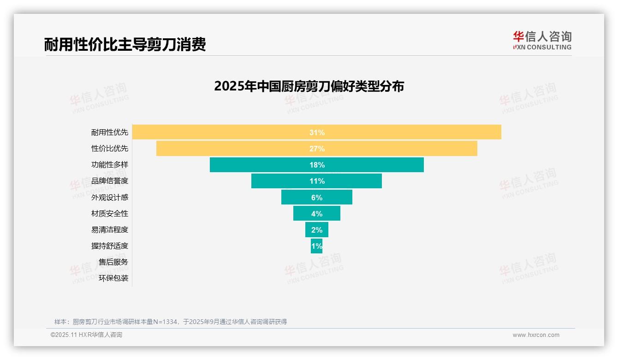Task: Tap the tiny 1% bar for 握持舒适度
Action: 316,246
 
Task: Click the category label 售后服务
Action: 113,262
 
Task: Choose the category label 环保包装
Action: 113,278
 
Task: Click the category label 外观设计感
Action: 110,198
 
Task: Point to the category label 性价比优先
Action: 110,149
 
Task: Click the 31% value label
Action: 317,132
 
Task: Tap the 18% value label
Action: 317,165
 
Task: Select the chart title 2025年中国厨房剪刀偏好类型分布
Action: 309,86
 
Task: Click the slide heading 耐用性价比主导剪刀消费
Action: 125,44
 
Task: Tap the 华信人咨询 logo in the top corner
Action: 542,40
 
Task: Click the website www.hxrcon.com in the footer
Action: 536,335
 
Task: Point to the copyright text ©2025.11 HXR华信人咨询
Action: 86,335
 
